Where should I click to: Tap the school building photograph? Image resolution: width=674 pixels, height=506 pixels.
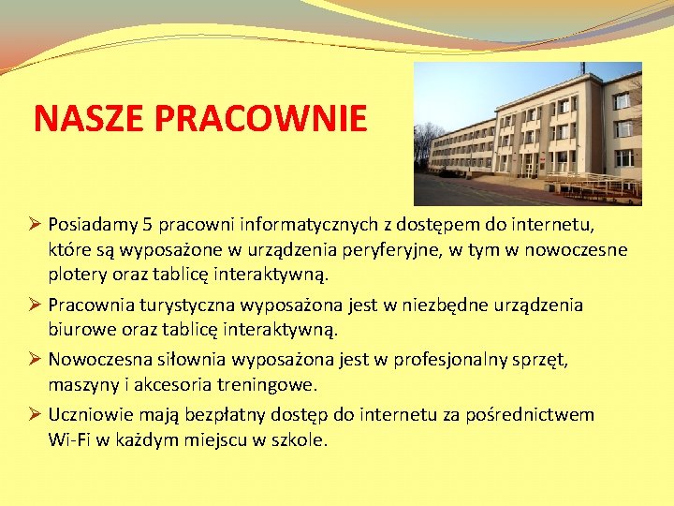[x=527, y=133]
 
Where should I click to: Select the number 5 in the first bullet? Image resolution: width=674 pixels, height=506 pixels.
[x=147, y=225]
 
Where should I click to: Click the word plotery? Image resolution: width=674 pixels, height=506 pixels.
[x=78, y=275]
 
